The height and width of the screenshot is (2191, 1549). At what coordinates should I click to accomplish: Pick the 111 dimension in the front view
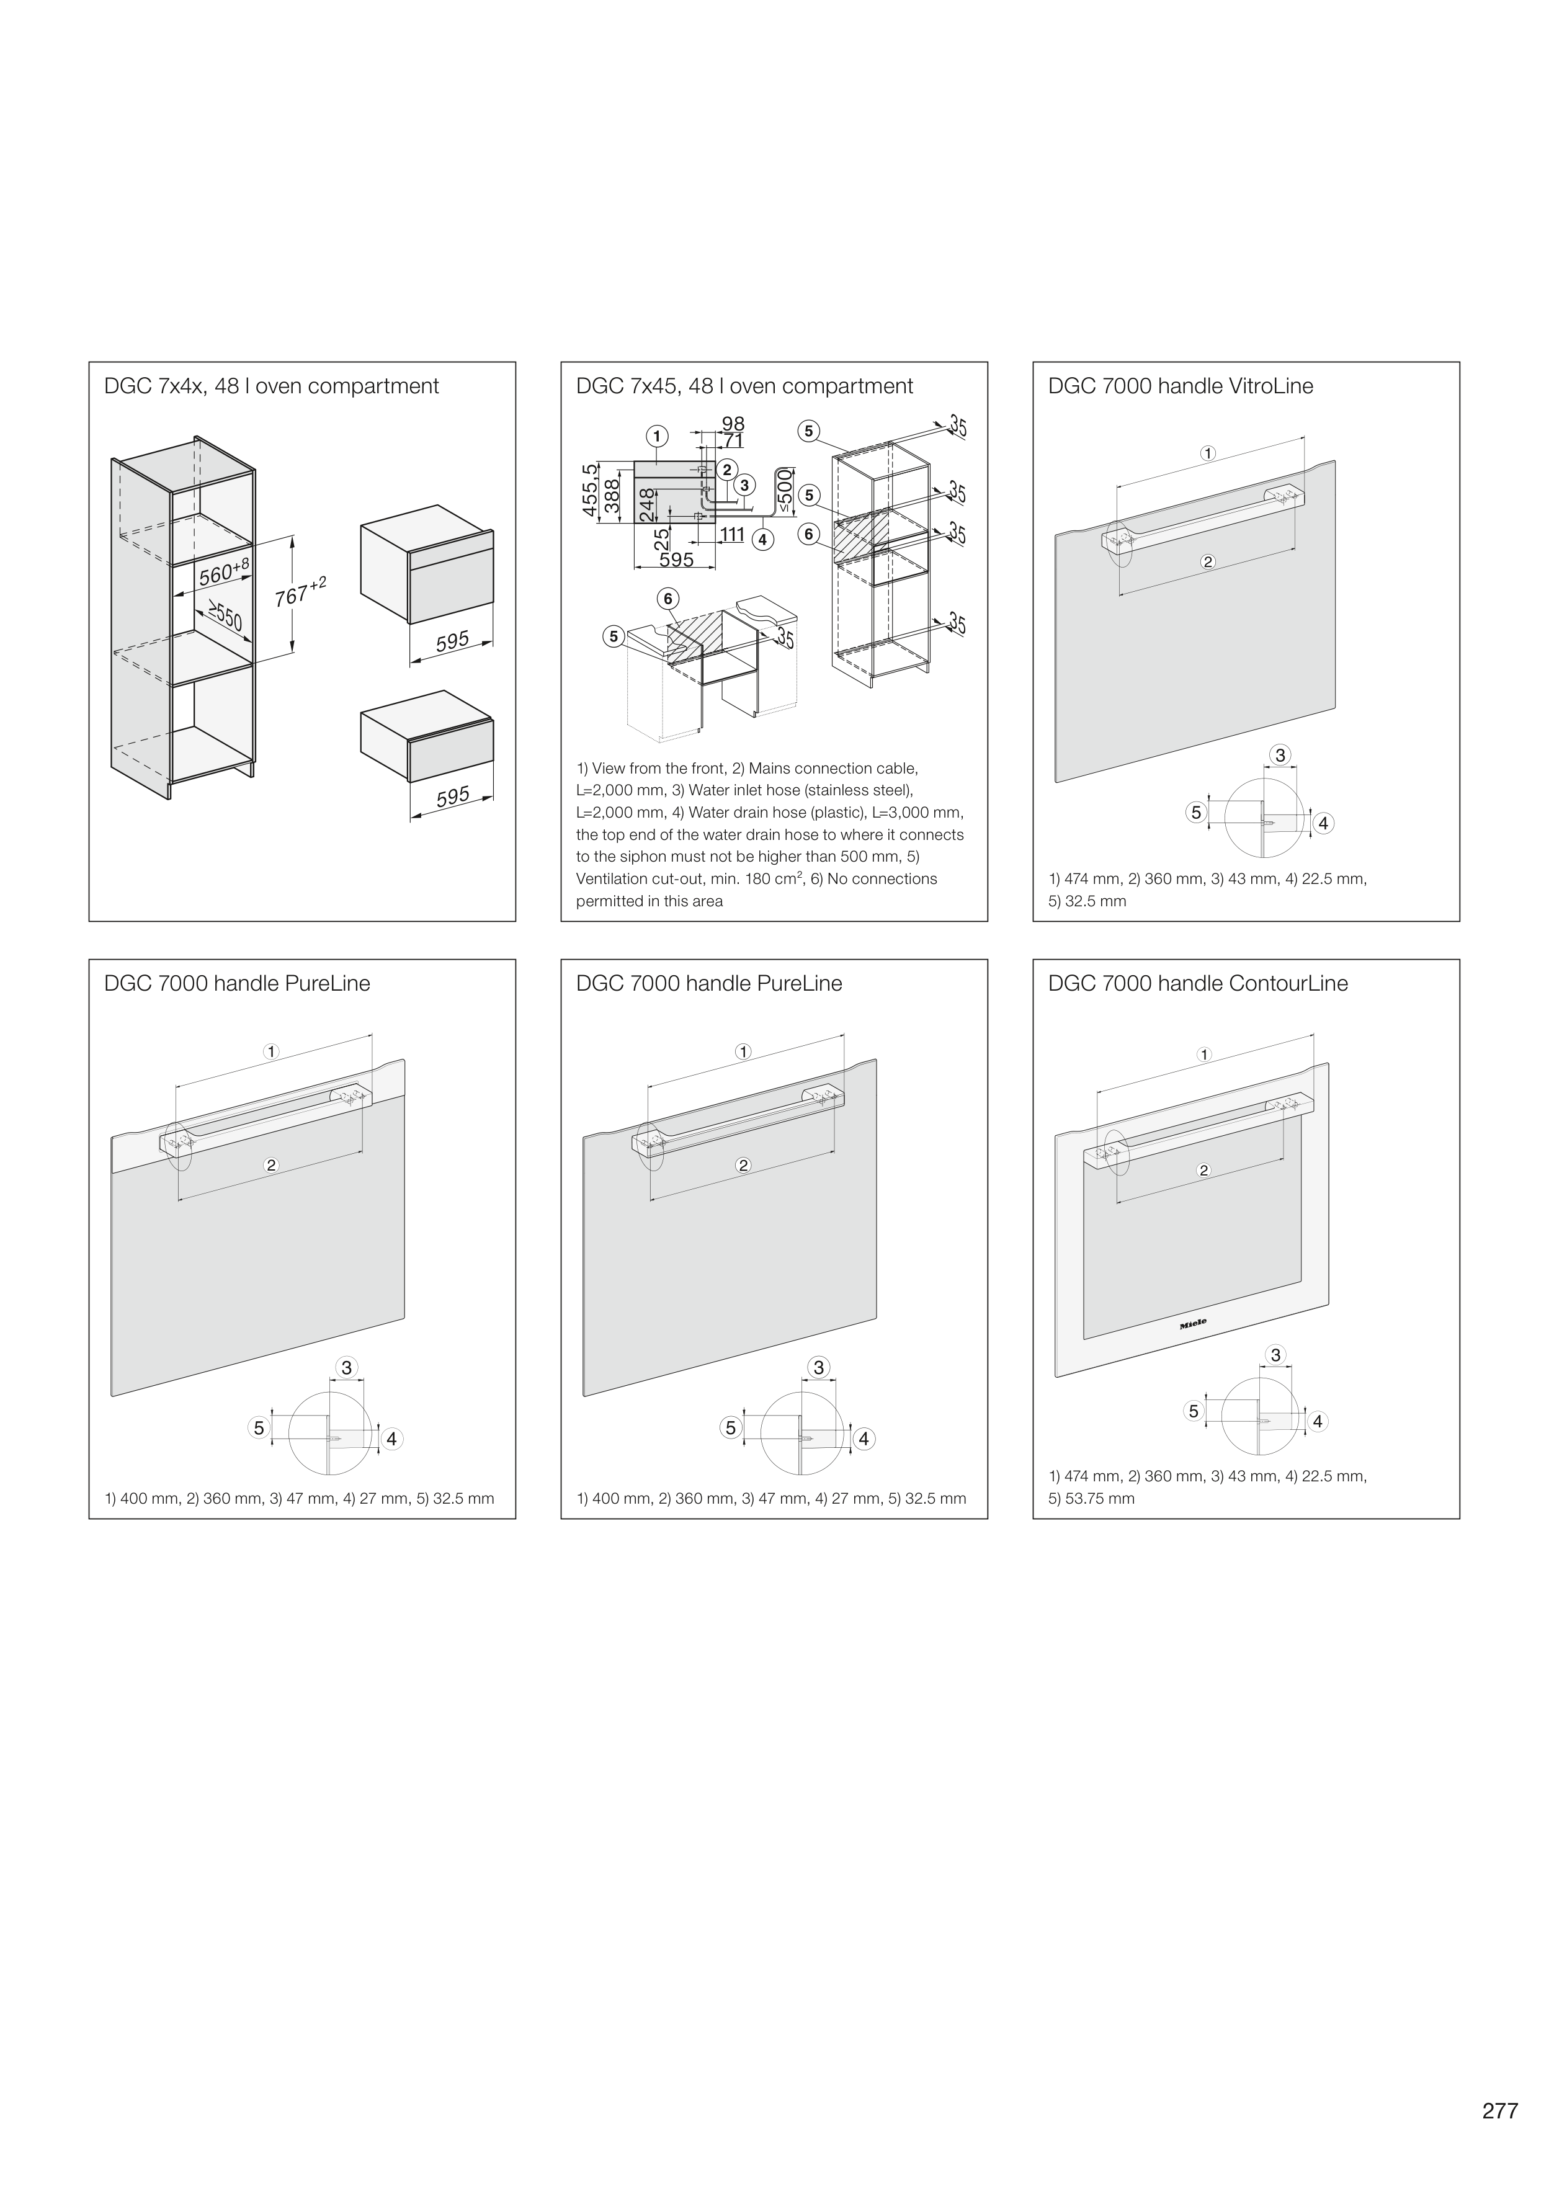732,534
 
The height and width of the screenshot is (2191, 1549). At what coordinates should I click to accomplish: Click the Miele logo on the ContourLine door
1193,1324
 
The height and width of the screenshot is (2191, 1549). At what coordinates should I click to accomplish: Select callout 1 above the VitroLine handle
1208,453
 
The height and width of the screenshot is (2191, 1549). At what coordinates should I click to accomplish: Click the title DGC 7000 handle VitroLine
1180,386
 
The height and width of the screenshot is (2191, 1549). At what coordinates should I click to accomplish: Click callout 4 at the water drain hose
762,539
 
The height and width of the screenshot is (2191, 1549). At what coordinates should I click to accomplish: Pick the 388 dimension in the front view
613,496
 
